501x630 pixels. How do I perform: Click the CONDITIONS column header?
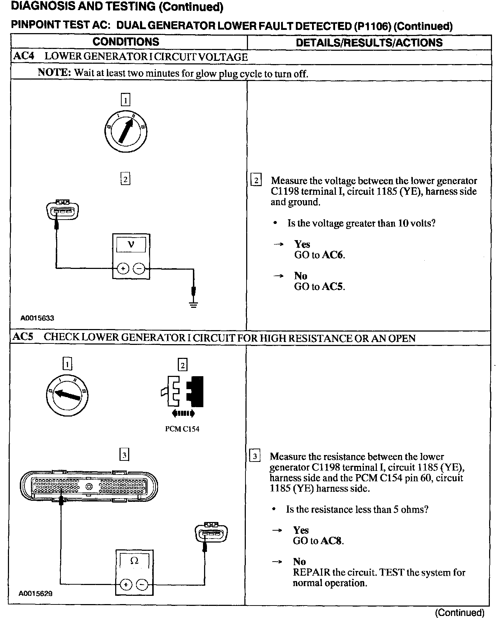click(126, 42)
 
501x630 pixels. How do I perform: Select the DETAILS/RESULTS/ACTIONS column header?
click(369, 42)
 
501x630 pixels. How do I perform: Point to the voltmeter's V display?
click(131, 245)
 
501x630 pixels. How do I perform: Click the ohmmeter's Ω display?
click(134, 561)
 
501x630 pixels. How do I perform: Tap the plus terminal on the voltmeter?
click(123, 269)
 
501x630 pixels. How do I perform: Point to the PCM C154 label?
click(182, 429)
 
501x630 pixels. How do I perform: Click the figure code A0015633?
click(37, 318)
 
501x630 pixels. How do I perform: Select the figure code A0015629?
click(36, 593)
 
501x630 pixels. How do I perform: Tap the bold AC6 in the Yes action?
click(333, 255)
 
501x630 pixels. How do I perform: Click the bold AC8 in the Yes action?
click(332, 541)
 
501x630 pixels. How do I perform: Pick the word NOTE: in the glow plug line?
click(54, 73)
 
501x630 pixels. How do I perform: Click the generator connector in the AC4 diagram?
click(62, 210)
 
